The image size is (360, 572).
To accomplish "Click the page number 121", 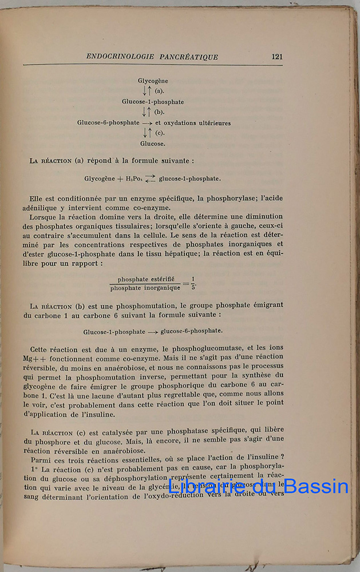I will (277, 57).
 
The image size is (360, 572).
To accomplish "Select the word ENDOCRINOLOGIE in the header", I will (120, 57).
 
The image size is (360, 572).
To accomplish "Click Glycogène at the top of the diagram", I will (153, 81).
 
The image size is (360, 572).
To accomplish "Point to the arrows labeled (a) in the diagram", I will (147, 91).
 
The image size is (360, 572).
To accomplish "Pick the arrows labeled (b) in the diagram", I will (147, 112).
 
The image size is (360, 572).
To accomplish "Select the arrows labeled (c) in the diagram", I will (147, 133).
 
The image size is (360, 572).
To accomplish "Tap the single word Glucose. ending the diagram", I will (153, 144).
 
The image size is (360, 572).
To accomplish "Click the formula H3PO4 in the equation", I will (134, 178).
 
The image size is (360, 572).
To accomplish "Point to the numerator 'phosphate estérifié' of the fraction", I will (146, 279).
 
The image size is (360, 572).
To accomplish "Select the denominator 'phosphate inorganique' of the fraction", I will (145, 288).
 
